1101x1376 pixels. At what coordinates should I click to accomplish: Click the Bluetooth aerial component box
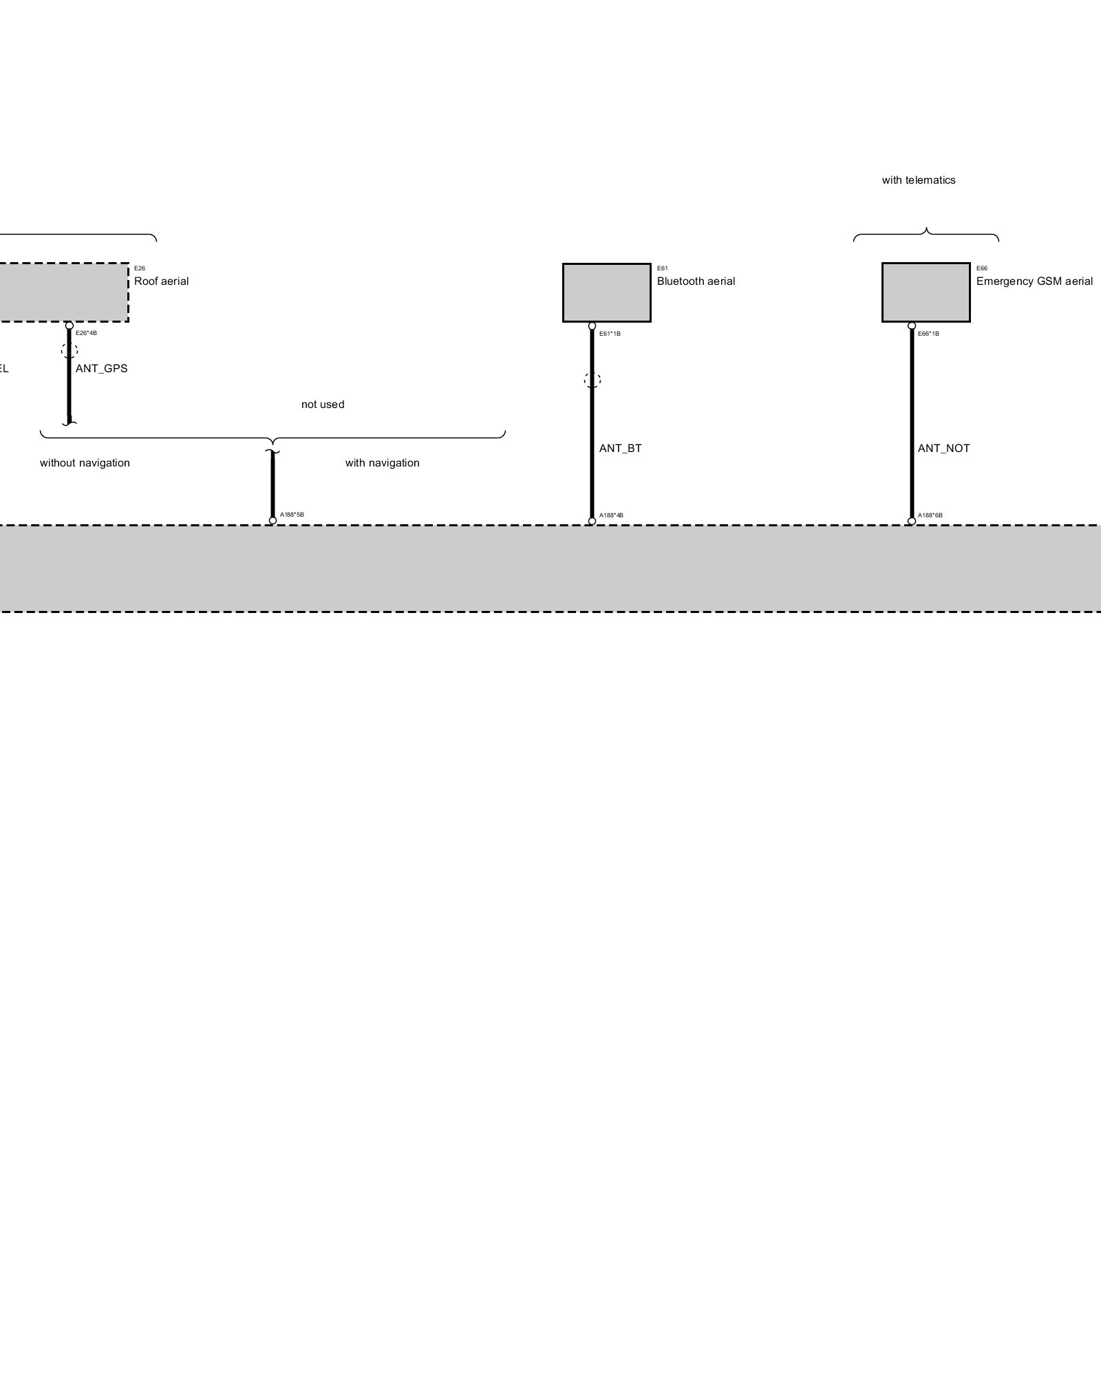pos(606,292)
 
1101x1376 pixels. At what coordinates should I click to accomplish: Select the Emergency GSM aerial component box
pos(926,292)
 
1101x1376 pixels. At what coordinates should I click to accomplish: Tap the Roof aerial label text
pos(161,281)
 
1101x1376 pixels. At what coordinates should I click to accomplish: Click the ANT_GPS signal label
pos(101,368)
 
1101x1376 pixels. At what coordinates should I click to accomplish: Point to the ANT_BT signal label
pos(620,448)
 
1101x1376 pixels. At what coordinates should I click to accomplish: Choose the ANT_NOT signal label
pos(943,448)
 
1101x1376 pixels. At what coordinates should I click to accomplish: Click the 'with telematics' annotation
pos(919,180)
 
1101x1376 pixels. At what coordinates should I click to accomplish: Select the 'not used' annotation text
pos(323,404)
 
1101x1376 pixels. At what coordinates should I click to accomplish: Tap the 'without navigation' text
pos(85,463)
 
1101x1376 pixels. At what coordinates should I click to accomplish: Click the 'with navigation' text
pos(382,463)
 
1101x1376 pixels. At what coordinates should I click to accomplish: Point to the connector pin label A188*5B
pos(292,515)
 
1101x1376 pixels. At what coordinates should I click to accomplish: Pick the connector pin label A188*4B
pos(611,515)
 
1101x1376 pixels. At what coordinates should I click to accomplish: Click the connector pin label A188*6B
pos(930,515)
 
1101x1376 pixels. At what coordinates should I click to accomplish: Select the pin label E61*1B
pos(610,334)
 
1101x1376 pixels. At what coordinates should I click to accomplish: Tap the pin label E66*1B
pos(928,334)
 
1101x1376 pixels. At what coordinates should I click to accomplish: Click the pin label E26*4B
pos(86,333)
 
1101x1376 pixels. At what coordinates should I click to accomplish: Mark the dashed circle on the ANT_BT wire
pos(592,380)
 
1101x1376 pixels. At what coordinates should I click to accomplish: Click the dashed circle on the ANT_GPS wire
pos(70,350)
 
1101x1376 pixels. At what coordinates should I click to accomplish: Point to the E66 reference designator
pos(982,268)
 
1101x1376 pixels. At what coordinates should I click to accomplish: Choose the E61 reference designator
pos(663,268)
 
